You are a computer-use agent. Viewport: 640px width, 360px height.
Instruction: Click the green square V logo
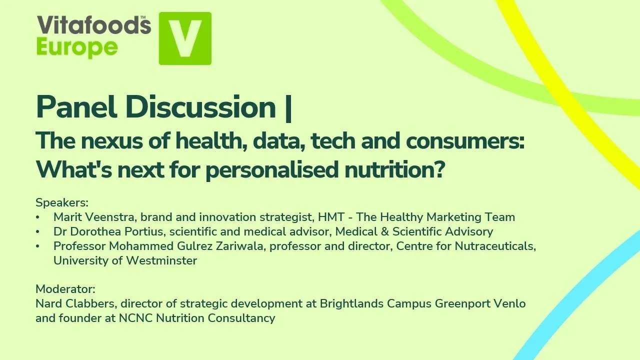(185, 38)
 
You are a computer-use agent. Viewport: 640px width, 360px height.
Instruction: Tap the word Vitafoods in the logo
(93, 25)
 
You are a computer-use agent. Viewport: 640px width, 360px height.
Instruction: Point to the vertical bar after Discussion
(287, 107)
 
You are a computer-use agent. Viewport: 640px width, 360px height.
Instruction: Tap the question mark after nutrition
(438, 170)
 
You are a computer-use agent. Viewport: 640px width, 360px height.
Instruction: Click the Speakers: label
(62, 203)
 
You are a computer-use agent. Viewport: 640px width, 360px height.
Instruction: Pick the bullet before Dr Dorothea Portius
(38, 232)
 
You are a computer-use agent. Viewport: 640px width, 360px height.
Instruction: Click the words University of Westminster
(125, 261)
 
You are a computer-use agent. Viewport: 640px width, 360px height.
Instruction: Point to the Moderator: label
(65, 289)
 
